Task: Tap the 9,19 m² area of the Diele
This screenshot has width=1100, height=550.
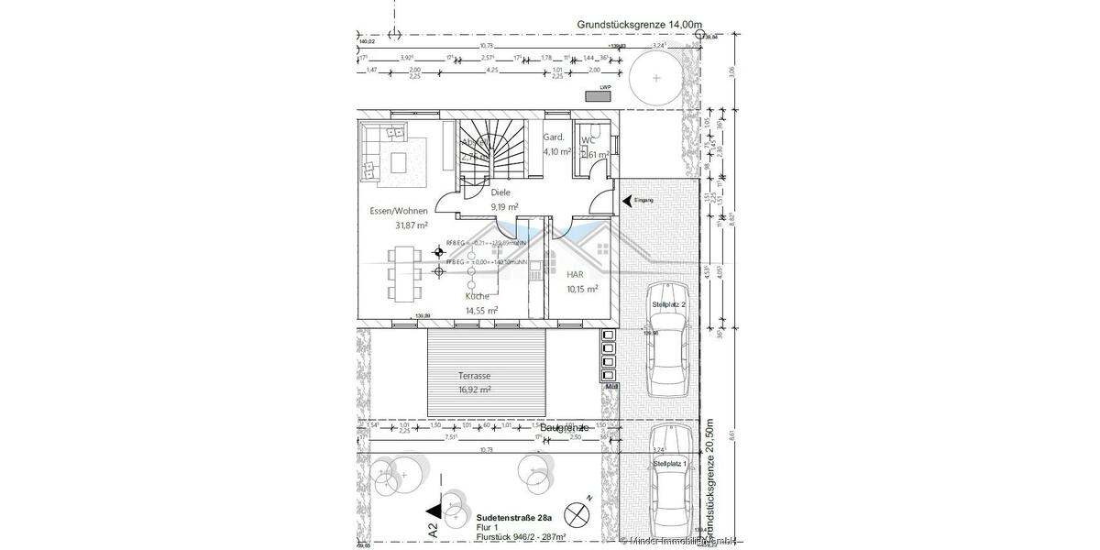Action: pyautogui.click(x=504, y=207)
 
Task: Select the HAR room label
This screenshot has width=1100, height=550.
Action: pyautogui.click(x=576, y=274)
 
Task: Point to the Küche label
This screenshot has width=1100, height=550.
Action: pyautogui.click(x=477, y=296)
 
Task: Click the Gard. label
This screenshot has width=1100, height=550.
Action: pyautogui.click(x=553, y=137)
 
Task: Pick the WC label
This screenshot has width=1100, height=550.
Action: pyautogui.click(x=588, y=141)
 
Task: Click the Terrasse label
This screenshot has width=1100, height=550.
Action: pyautogui.click(x=474, y=376)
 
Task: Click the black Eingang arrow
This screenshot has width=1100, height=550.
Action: pyautogui.click(x=627, y=199)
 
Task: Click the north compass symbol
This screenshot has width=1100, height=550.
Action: pyautogui.click(x=577, y=512)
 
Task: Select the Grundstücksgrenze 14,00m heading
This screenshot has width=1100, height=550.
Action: pyautogui.click(x=638, y=25)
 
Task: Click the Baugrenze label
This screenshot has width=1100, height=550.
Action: pyautogui.click(x=564, y=428)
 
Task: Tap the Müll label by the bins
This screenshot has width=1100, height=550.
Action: pyautogui.click(x=610, y=389)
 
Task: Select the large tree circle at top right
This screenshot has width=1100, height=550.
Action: pyautogui.click(x=656, y=78)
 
